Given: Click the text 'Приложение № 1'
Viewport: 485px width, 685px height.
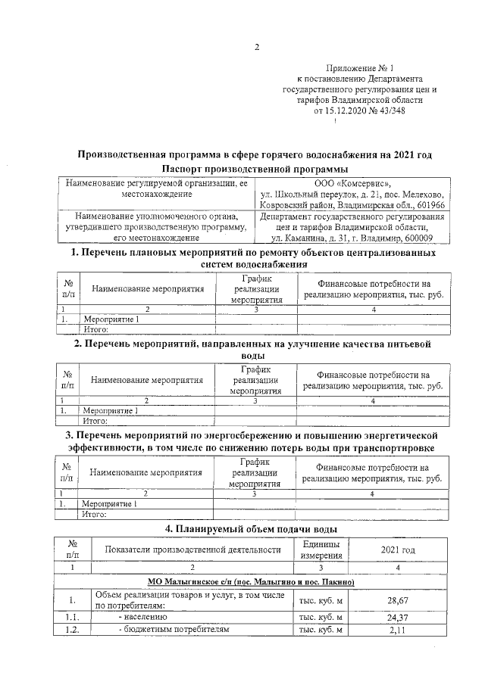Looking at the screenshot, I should pos(359,68).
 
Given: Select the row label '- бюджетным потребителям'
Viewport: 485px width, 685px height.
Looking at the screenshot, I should pos(167,629).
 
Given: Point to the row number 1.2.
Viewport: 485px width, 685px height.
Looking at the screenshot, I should pos(70,629).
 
